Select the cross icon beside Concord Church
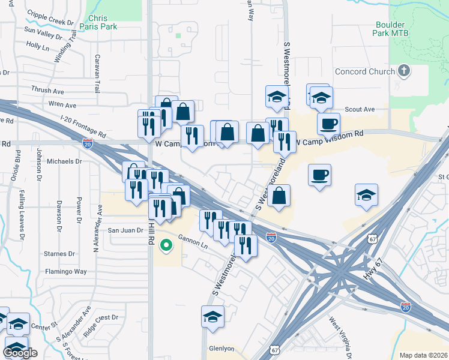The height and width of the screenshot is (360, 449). pos(405,71)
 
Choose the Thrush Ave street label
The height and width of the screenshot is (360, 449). pos(48,91)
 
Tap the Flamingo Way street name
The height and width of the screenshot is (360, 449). pos(66,272)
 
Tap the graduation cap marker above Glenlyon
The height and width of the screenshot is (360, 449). pos(212,317)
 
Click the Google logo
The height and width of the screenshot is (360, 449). pos(20,353)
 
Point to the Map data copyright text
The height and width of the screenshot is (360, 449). pos(423,355)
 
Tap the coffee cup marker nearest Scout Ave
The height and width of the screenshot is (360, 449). pos(328,124)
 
